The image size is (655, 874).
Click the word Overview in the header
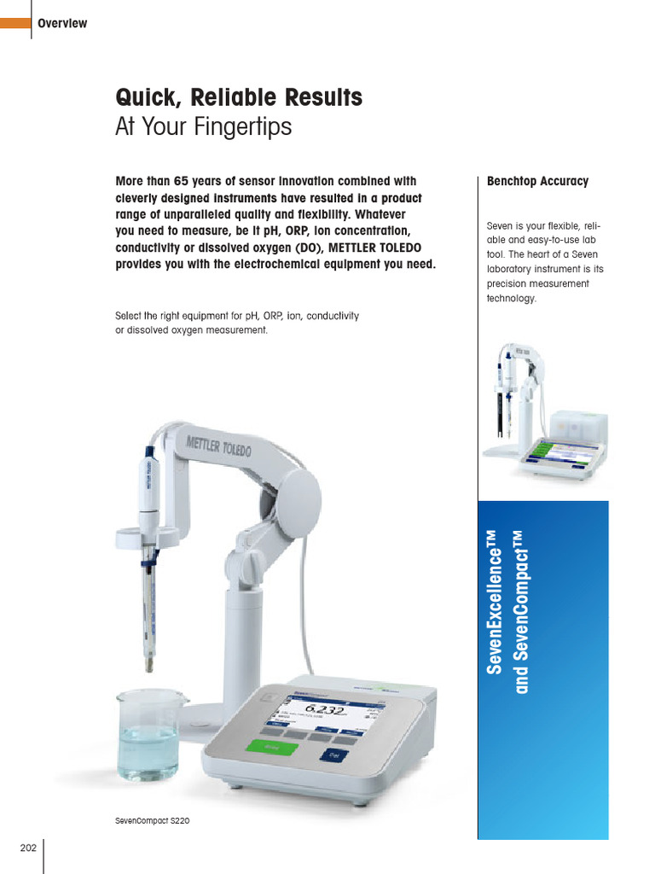[x=62, y=23]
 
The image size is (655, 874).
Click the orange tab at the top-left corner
[x=14, y=23]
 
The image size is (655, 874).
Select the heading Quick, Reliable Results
[x=239, y=97]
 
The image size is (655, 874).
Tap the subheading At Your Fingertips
[x=203, y=127]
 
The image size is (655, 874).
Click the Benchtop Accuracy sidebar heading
[x=537, y=181]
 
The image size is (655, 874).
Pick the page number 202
[x=28, y=848]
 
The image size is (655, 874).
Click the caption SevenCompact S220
[x=153, y=820]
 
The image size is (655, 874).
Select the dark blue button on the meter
[x=334, y=754]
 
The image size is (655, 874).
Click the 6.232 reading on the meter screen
[x=324, y=709]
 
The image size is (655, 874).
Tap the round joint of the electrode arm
[x=298, y=493]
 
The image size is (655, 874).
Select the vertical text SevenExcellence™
[x=495, y=602]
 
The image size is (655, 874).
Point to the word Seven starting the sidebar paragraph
[x=501, y=226]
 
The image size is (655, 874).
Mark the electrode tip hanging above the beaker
[x=150, y=661]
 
